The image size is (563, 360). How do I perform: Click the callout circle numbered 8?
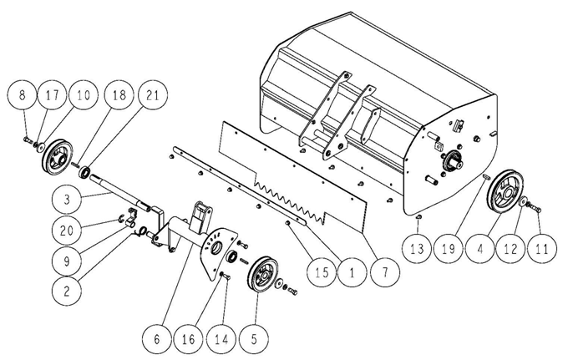[23, 96]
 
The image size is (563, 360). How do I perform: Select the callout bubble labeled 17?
[53, 96]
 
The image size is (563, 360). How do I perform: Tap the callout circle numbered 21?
[152, 95]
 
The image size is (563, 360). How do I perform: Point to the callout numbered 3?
[67, 200]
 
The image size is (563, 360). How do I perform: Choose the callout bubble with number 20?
[67, 230]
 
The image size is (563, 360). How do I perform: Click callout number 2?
[67, 291]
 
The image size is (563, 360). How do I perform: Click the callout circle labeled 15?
[322, 273]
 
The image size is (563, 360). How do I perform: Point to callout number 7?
[385, 273]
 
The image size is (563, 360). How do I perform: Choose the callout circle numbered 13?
[417, 249]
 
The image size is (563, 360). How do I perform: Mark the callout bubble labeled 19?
[448, 249]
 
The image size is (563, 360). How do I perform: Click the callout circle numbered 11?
[542, 249]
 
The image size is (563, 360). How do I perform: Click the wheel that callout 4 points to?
[505, 192]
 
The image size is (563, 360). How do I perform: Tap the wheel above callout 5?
[263, 275]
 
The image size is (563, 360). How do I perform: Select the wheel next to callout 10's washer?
[58, 159]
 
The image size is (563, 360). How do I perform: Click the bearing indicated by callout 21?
[84, 172]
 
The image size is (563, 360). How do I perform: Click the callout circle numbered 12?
[510, 249]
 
